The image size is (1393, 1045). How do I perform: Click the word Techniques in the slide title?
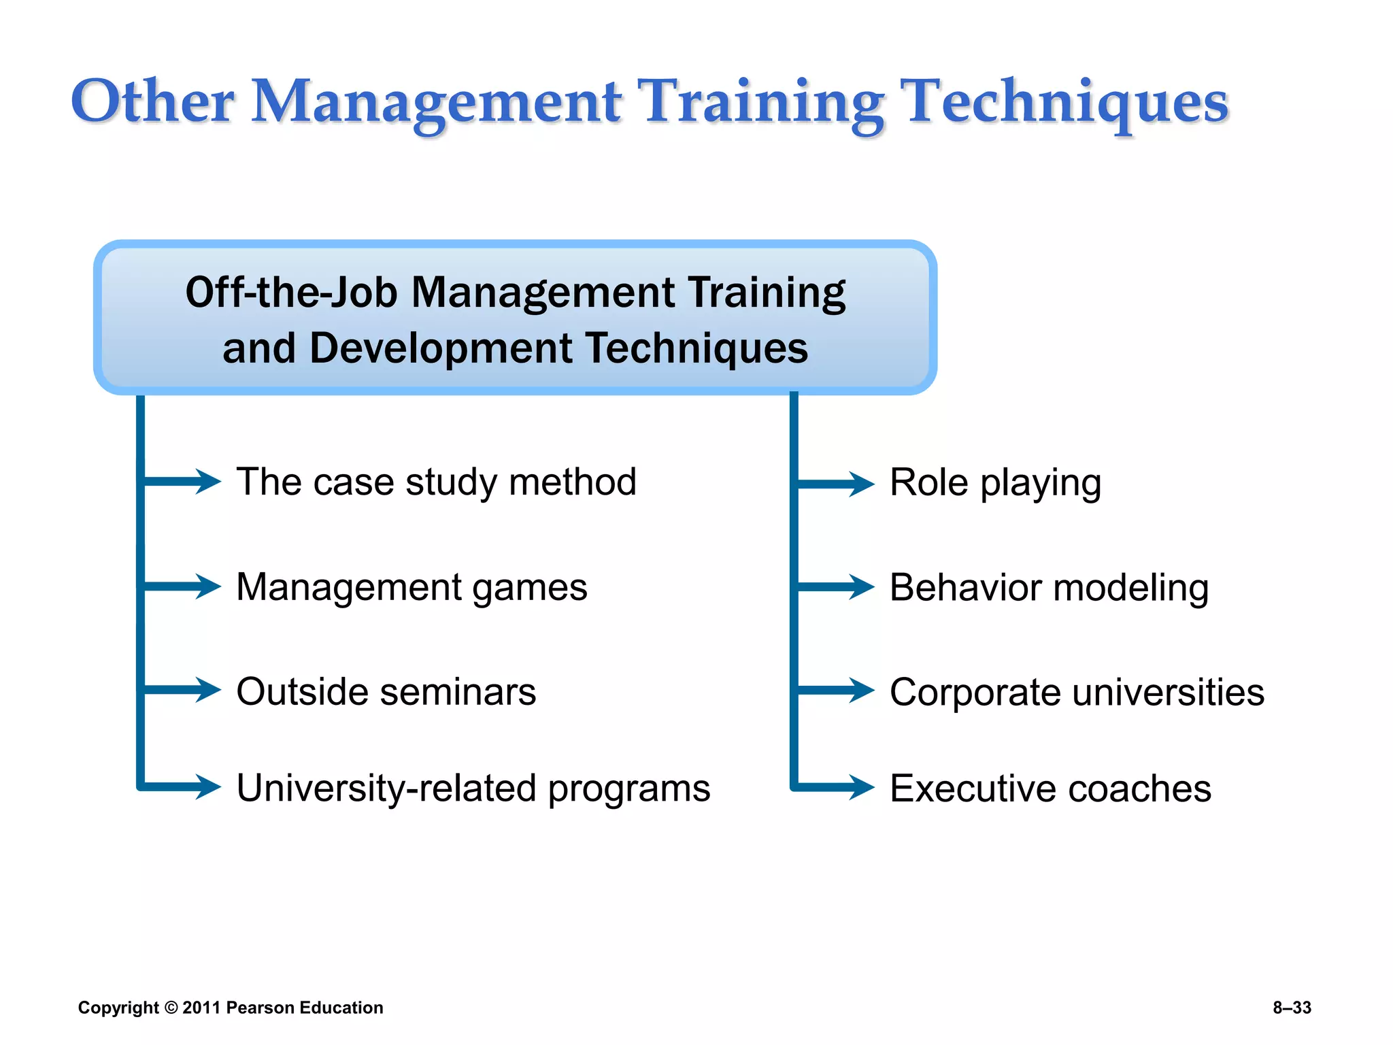pos(1067,102)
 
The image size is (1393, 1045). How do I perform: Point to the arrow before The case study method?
pos(182,481)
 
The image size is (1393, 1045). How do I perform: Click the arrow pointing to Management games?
pos(182,586)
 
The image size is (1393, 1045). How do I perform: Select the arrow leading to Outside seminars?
pos(182,690)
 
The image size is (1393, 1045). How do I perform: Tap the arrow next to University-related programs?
pos(182,787)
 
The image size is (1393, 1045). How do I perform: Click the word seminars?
pos(458,692)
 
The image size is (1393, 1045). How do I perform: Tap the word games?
pos(529,588)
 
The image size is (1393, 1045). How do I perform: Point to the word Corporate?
pos(974,693)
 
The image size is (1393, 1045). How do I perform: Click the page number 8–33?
pos(1292,1008)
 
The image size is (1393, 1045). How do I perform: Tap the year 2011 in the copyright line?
pos(201,1008)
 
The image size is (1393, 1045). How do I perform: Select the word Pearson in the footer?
pos(260,1008)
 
